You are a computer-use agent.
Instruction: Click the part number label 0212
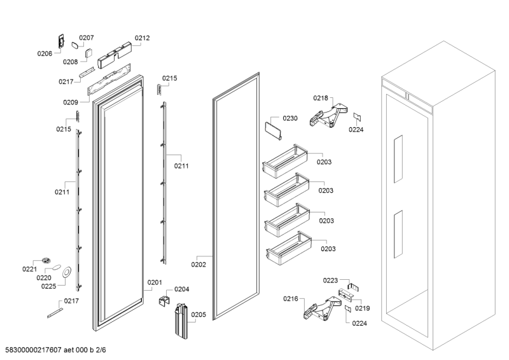coord(142,38)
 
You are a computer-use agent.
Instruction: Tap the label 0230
coord(289,118)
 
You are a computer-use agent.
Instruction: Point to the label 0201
coord(155,282)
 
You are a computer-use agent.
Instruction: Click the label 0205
coord(199,314)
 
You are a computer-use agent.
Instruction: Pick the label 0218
coord(321,98)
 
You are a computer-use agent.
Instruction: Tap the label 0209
coord(71,102)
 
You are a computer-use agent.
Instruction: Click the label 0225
coord(49,286)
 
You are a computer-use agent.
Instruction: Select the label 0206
coord(45,54)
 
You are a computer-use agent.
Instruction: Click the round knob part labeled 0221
coord(45,260)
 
